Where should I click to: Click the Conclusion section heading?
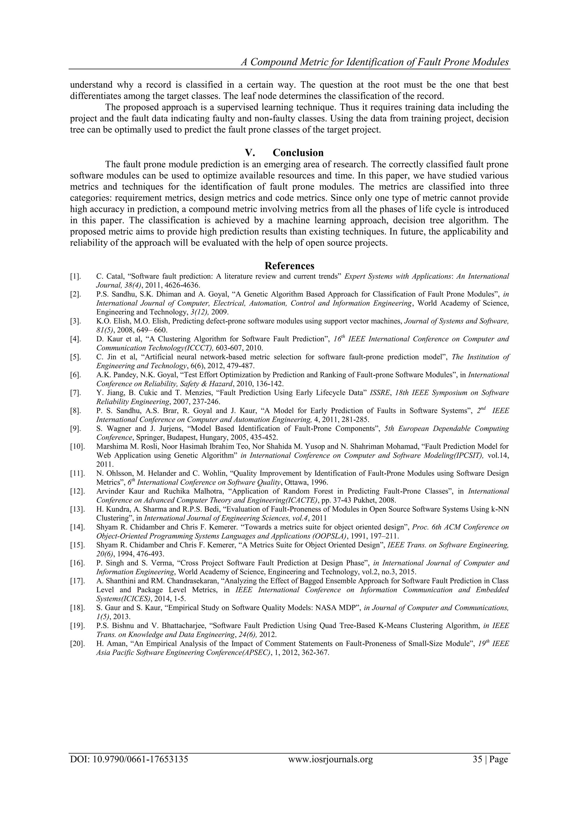pyautogui.click(x=298, y=153)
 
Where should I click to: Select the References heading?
pyautogui.click(x=289, y=266)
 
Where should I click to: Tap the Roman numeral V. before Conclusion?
pyautogui.click(x=250, y=153)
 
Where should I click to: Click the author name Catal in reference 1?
pyautogui.click(x=112, y=277)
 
